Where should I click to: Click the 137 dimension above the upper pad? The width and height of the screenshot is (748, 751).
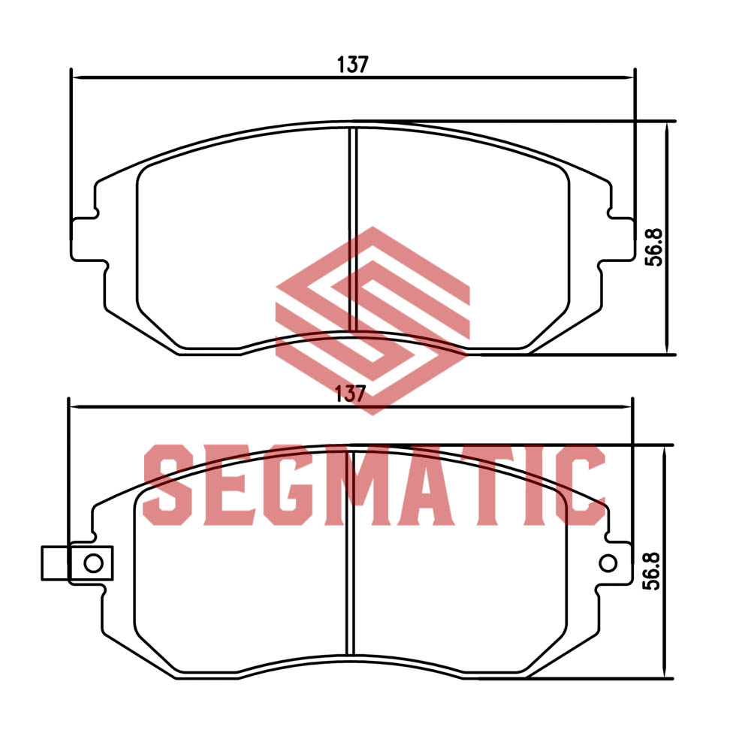click(353, 64)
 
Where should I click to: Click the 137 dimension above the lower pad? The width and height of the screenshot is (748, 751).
click(351, 394)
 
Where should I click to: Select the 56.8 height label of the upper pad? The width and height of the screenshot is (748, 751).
click(654, 247)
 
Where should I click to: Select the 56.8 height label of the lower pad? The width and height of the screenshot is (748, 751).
click(652, 571)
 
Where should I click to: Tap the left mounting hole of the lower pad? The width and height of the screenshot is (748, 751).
click(93, 562)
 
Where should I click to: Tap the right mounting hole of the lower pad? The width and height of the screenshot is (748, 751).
click(608, 562)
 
